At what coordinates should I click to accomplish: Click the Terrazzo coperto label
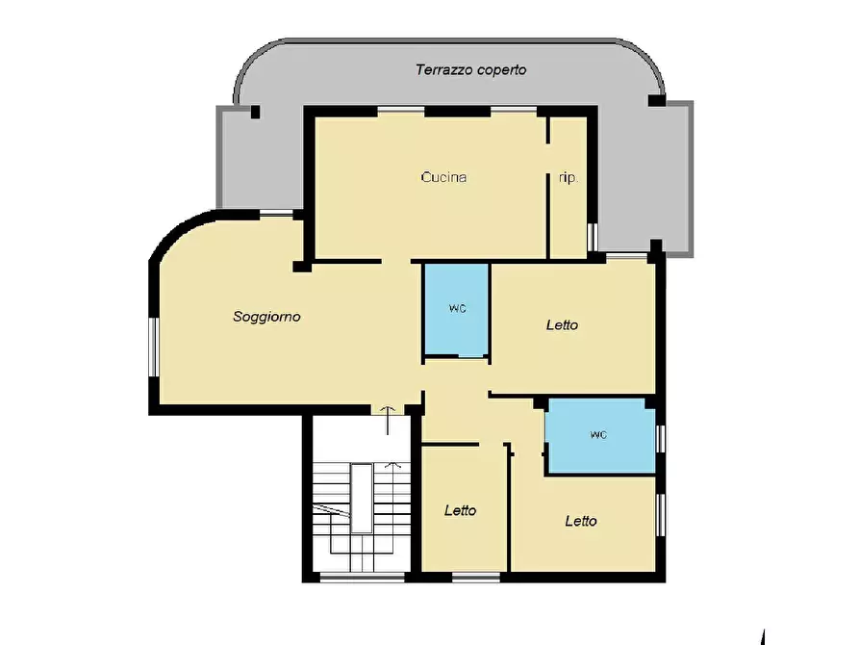[471, 70]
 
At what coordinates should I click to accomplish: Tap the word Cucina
[443, 177]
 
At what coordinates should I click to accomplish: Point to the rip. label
[568, 178]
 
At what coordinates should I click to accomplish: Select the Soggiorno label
[266, 317]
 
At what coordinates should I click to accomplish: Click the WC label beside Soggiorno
[458, 309]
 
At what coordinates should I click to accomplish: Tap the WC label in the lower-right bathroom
[598, 435]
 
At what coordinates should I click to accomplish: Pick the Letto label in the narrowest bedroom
[460, 510]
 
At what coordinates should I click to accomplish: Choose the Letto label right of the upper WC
[562, 325]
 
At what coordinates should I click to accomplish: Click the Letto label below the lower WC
[581, 521]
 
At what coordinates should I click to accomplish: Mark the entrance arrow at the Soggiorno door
[388, 421]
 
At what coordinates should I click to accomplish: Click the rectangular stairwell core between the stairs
[362, 498]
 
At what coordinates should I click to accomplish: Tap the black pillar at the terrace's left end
[255, 112]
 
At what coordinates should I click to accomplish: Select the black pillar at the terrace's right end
[657, 101]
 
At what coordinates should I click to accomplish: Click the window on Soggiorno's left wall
[153, 347]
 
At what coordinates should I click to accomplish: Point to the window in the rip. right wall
[592, 237]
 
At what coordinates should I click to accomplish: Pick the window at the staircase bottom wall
[362, 577]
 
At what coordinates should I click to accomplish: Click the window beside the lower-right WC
[661, 439]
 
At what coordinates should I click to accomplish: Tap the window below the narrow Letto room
[476, 577]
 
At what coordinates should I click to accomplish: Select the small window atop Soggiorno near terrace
[276, 214]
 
